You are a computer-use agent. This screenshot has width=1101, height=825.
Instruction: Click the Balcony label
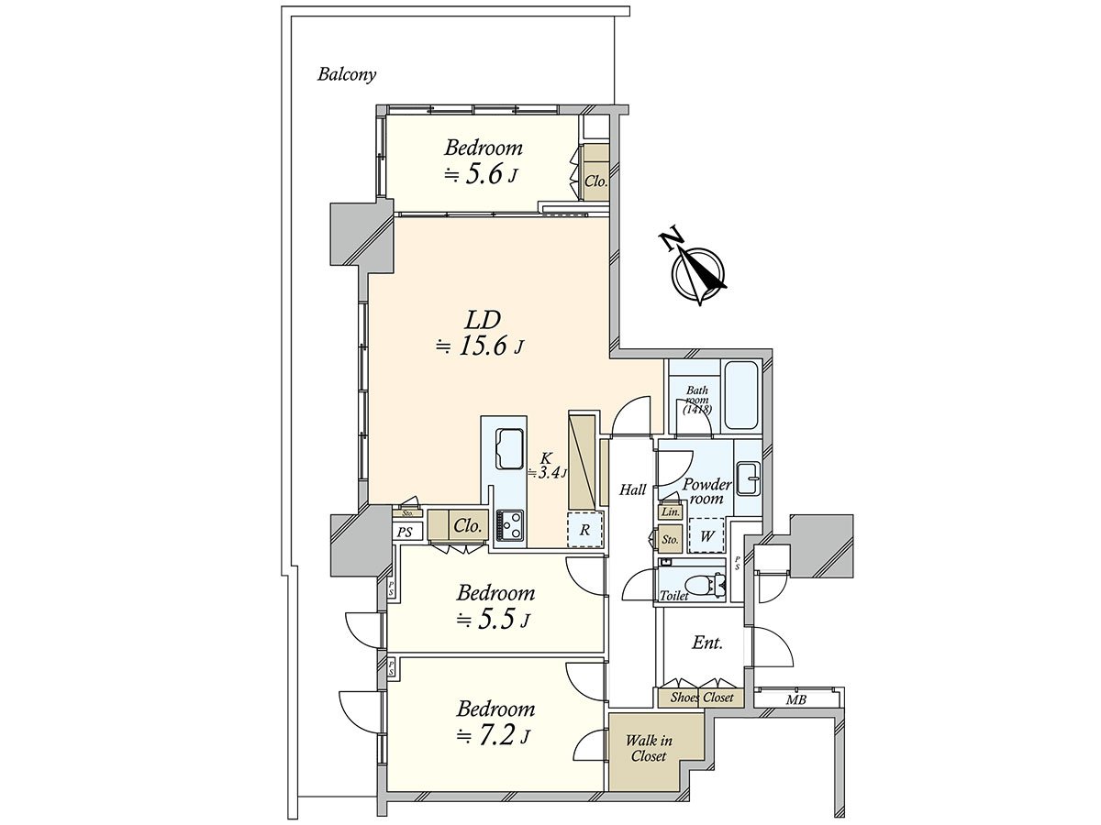(x=347, y=75)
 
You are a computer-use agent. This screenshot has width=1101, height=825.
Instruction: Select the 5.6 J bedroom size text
(x=481, y=176)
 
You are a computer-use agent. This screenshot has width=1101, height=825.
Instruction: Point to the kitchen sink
(x=510, y=448)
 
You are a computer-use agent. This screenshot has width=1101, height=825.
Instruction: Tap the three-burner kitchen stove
(x=509, y=525)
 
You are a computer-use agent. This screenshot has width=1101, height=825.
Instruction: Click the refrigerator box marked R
(x=584, y=530)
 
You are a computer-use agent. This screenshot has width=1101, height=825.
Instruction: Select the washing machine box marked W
(x=706, y=535)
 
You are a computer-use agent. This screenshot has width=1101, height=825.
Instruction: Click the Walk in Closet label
(x=649, y=748)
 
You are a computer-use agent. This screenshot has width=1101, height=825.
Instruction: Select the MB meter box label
(x=795, y=700)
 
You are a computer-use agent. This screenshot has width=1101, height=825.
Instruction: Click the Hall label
(x=632, y=489)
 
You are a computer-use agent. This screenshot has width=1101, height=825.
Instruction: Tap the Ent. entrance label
(x=707, y=643)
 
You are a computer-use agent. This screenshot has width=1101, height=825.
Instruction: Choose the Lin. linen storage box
(x=670, y=511)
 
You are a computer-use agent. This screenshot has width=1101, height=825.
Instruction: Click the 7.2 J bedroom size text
(x=494, y=736)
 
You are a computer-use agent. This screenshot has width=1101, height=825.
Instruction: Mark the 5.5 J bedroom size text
(x=493, y=621)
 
